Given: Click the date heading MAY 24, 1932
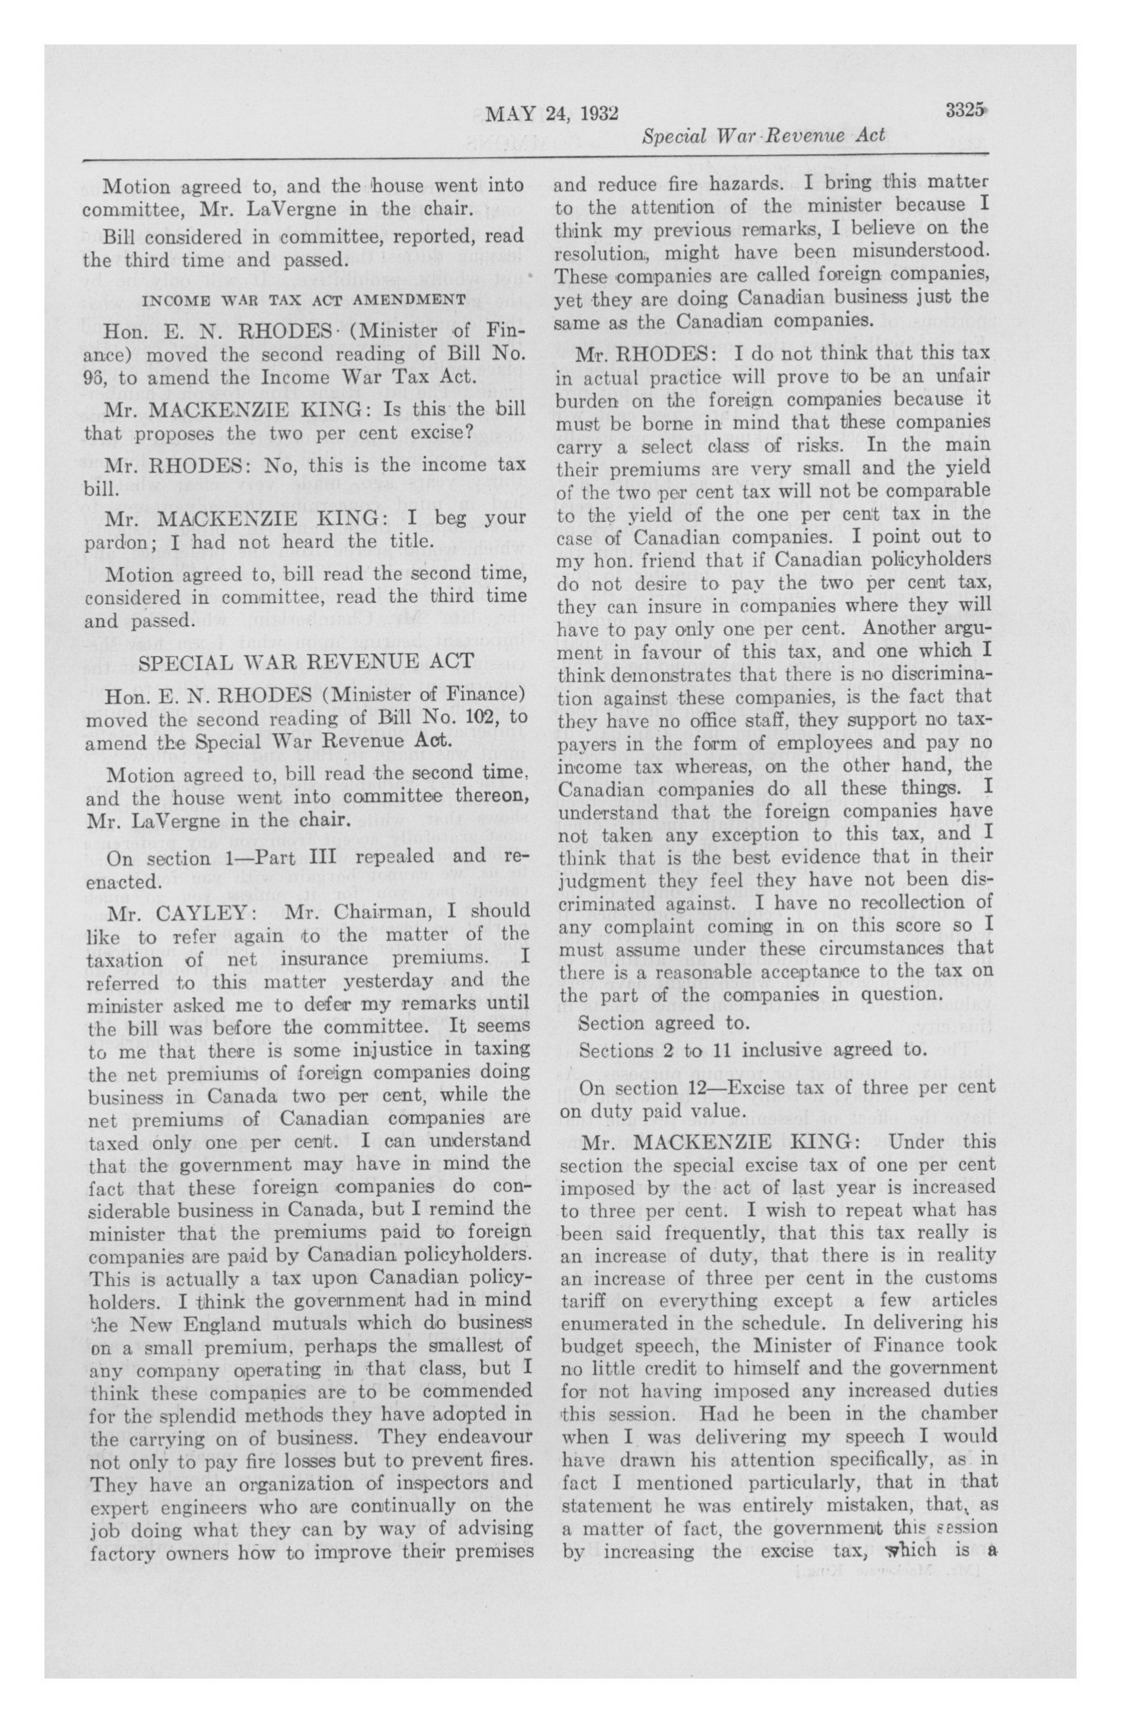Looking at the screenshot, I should pyautogui.click(x=551, y=114).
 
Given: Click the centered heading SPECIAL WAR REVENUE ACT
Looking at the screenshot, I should pyautogui.click(x=306, y=662).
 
